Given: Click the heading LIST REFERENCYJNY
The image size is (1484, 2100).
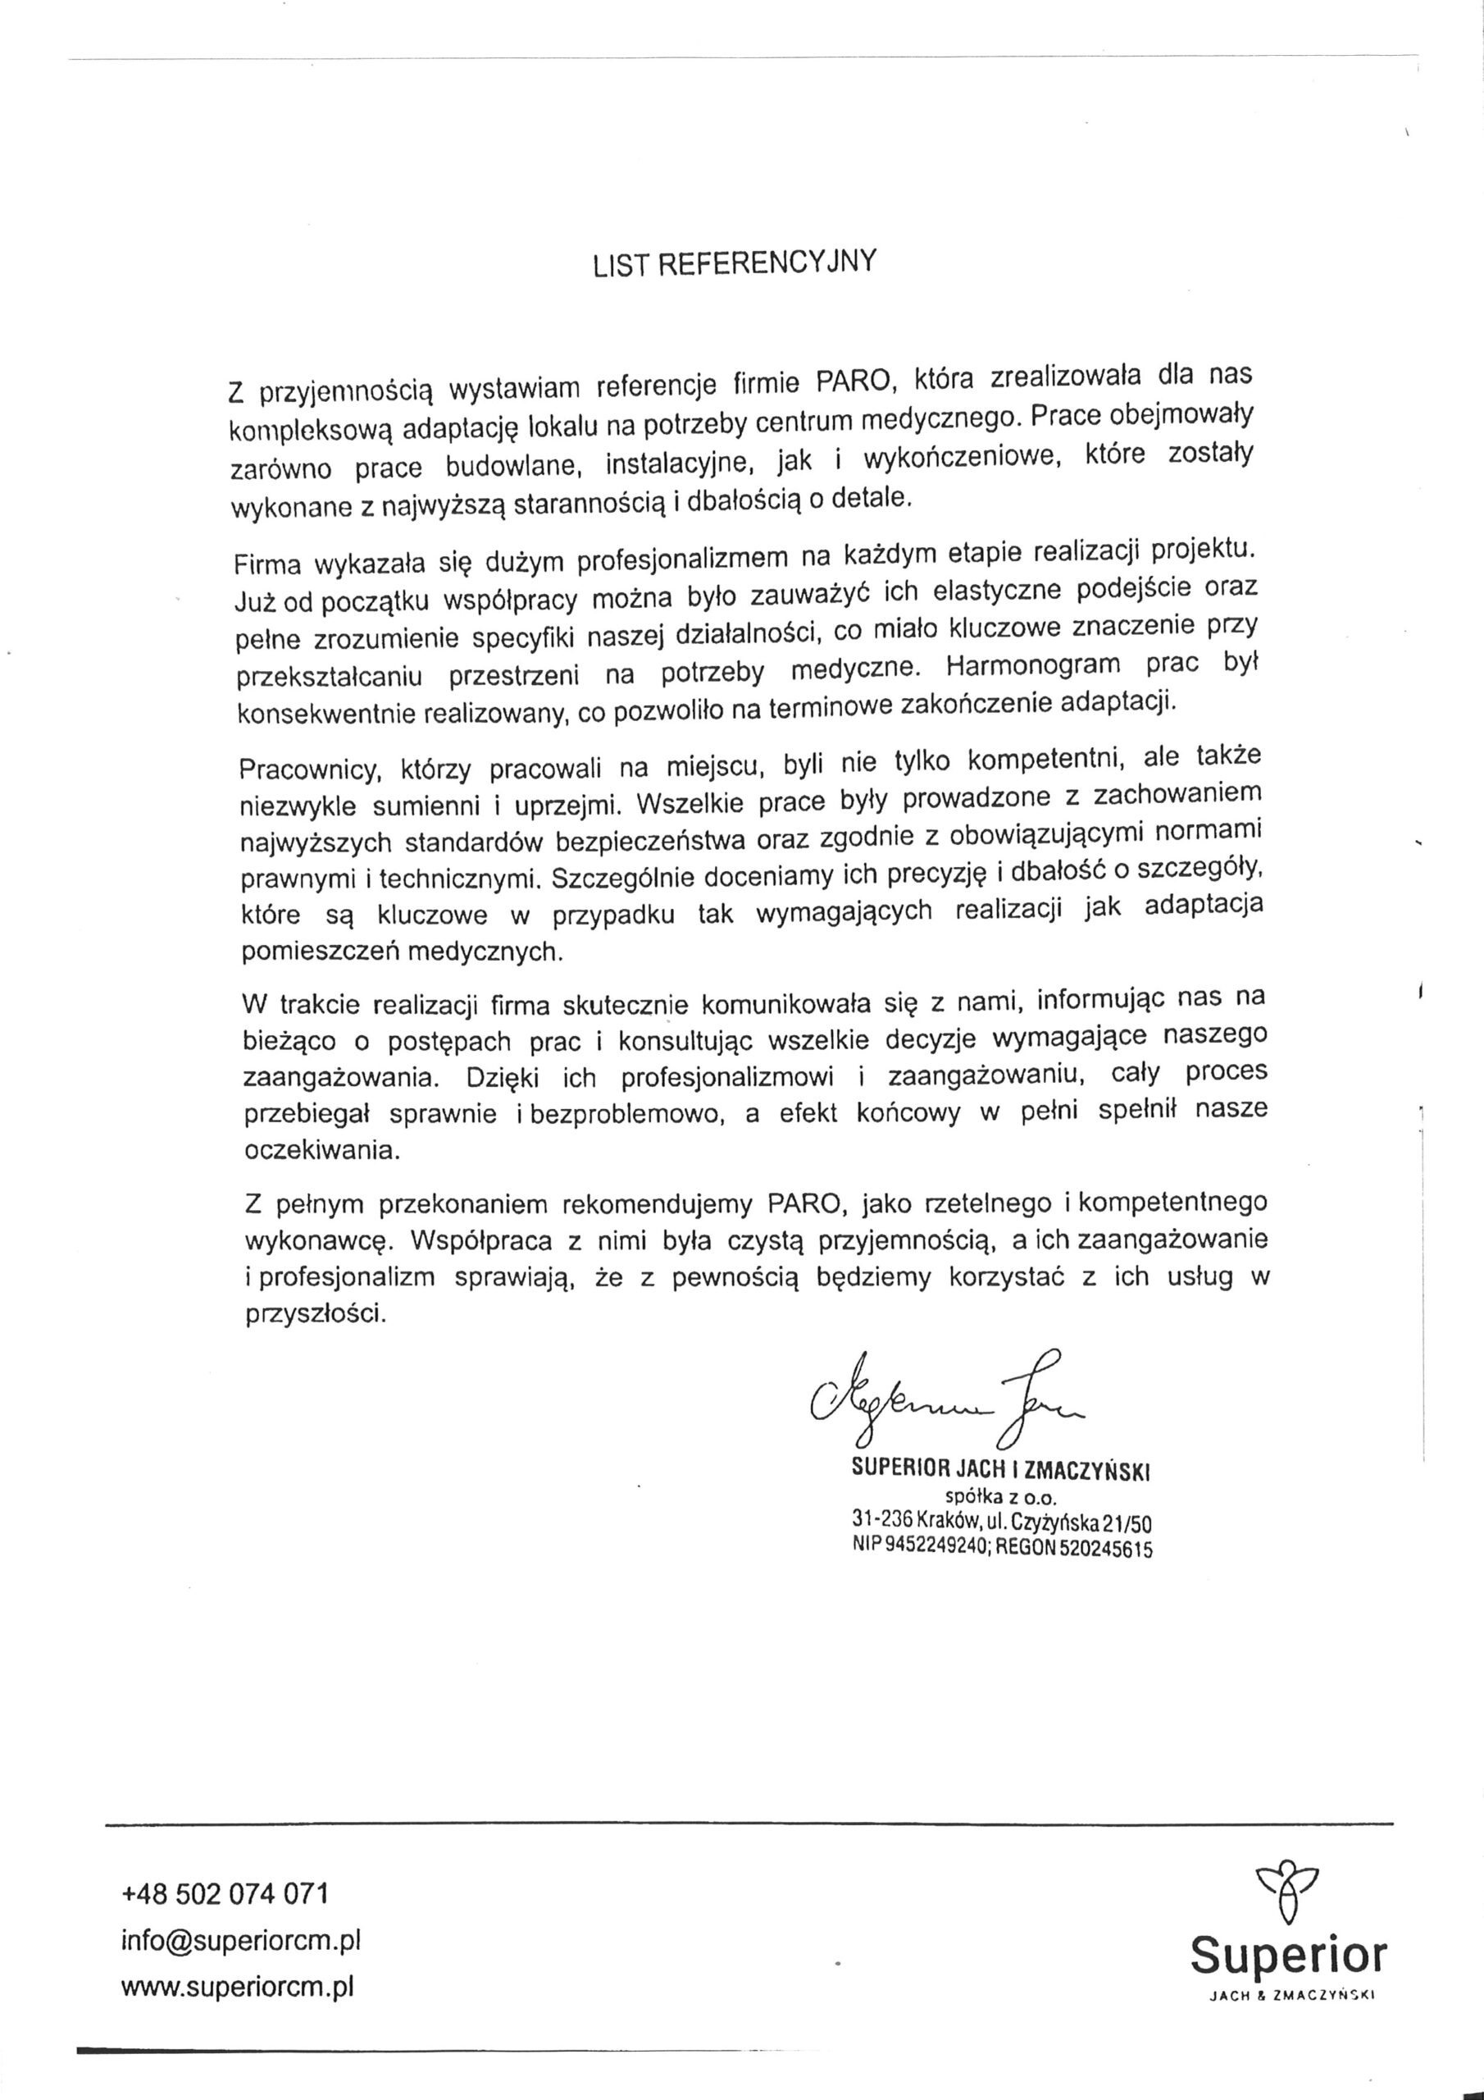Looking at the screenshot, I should coord(735,262).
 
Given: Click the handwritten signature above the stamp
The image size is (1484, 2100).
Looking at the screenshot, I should coord(941,1399).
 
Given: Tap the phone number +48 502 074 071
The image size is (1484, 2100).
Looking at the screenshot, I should coord(225,1892).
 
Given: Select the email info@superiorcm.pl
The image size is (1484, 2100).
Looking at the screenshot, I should coord(241,1941).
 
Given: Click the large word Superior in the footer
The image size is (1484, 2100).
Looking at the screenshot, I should coord(1288,1956).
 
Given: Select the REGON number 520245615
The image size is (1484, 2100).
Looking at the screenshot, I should coord(1105,1550).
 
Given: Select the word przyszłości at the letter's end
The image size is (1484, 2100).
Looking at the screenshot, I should coord(316,1315).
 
